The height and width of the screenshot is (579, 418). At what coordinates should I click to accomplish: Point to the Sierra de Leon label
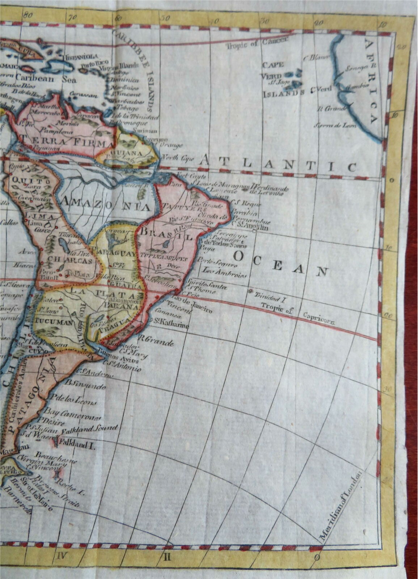point(335,125)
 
